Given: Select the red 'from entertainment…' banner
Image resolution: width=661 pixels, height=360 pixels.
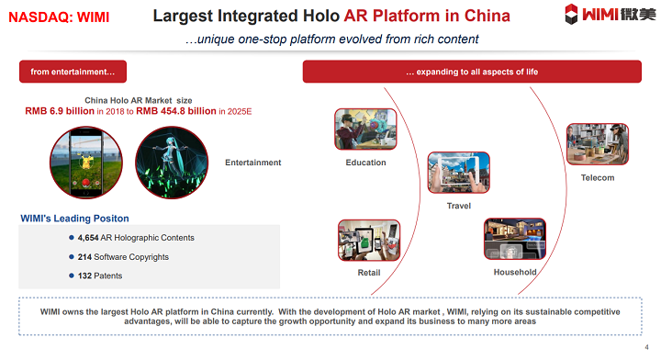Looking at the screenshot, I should tap(73, 72).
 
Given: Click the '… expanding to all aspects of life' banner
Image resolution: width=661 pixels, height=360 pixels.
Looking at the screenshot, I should tap(472, 72).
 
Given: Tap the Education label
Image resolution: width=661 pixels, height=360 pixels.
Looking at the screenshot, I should tap(365, 163).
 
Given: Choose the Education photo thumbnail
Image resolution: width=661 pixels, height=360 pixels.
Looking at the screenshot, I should tap(365, 129).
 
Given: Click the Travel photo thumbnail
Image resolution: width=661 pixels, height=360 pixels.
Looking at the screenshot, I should tap(458, 174).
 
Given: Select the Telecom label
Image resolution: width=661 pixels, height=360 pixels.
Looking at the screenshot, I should tap(598, 177).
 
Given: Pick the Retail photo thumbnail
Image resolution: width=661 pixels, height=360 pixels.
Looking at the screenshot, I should tap(368, 241).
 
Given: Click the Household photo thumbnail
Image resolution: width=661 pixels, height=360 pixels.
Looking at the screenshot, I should tap(514, 239).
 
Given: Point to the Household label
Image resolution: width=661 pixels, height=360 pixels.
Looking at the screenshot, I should tap(514, 273).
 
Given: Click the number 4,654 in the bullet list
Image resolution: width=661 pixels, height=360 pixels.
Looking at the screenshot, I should tap(94, 238).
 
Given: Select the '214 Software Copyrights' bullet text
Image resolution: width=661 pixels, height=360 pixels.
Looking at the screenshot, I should tap(123, 257).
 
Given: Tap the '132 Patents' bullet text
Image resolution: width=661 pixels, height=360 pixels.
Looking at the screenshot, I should tap(99, 276).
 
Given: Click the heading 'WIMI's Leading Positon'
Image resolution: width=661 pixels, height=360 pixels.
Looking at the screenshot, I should tap(74, 219).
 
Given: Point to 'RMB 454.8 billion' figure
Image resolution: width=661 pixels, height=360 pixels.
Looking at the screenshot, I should tap(176, 110).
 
